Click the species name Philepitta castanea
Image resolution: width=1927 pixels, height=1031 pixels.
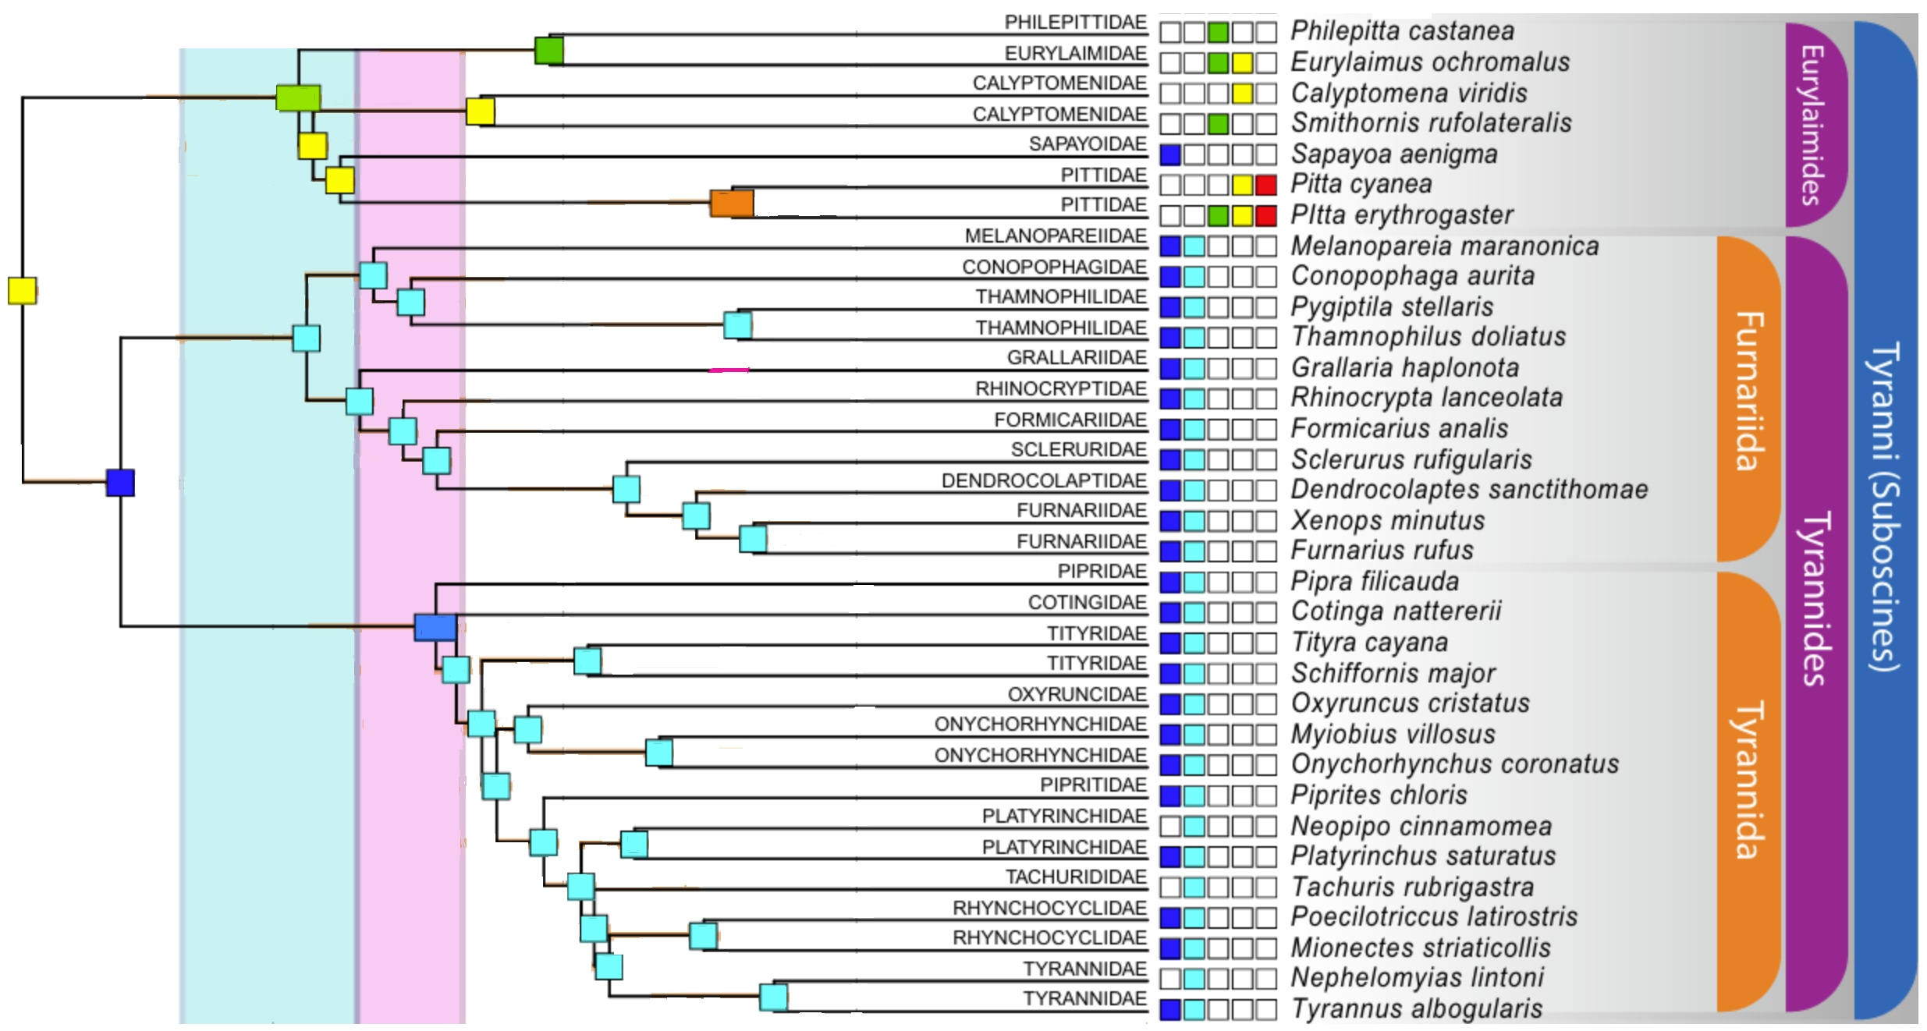point(1402,31)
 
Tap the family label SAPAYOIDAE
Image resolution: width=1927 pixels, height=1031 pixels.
point(1087,144)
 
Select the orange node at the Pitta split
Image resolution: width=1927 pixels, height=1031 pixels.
point(731,203)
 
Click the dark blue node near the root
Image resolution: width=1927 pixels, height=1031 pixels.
point(120,482)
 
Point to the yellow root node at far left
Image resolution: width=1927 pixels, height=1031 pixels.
point(22,290)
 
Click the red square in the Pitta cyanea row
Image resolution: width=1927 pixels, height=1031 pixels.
point(1265,185)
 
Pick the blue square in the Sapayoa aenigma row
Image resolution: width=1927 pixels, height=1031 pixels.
point(1169,154)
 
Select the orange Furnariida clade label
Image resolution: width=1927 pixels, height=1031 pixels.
point(1748,390)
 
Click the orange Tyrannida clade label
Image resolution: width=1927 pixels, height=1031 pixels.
point(1748,780)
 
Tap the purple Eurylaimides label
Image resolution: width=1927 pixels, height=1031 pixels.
point(1814,125)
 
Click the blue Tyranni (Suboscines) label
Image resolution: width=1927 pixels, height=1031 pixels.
point(1884,507)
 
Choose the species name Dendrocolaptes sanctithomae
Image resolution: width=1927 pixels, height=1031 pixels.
point(1468,490)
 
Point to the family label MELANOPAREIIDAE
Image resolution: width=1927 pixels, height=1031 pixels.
point(1055,236)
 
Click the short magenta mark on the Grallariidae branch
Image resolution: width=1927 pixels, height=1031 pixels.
point(729,370)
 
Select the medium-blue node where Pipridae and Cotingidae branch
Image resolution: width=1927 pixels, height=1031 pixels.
point(435,627)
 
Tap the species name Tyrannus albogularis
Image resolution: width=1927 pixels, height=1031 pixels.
point(1416,1008)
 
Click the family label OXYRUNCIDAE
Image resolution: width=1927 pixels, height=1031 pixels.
point(1076,694)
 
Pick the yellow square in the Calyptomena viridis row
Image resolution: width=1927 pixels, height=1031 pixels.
point(1242,94)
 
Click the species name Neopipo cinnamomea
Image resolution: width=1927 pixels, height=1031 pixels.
point(1421,825)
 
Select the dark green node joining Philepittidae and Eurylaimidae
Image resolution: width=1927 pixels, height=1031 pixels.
point(548,51)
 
